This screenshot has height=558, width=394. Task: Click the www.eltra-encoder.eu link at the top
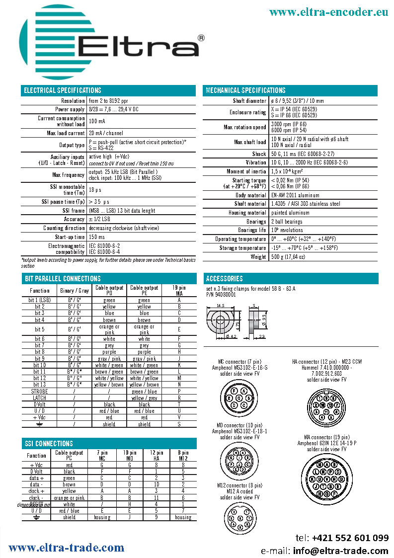click(328, 12)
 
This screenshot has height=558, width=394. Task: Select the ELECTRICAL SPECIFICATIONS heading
click(63, 90)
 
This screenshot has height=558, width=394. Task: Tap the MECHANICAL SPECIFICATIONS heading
click(245, 90)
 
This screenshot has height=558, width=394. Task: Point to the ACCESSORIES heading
click(224, 279)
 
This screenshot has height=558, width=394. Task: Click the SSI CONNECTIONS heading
click(48, 444)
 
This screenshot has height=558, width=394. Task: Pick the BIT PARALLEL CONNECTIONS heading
click(62, 279)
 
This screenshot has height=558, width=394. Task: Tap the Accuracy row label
click(74, 219)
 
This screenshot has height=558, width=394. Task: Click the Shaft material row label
click(250, 204)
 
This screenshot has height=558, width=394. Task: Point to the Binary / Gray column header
click(74, 291)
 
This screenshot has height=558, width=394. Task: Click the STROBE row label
click(40, 392)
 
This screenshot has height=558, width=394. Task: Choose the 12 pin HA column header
click(156, 455)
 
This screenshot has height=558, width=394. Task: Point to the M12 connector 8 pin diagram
click(239, 519)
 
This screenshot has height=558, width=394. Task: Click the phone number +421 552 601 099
click(350, 538)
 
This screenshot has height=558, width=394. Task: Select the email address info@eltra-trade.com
click(347, 551)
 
